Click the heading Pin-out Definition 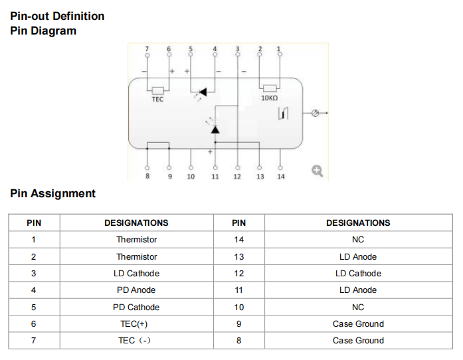pos(57,16)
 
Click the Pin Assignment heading pos(53,193)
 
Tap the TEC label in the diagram pos(157,99)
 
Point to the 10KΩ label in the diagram pos(269,98)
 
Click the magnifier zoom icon pos(317,171)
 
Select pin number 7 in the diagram pos(147,48)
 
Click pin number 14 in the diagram pos(280,177)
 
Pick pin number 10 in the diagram pos(191,177)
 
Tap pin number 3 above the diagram pos(237,48)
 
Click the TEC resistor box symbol pos(157,90)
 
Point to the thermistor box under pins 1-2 pos(269,88)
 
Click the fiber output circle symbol pos(316,114)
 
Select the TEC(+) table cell pos(136,323)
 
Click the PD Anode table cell pos(136,290)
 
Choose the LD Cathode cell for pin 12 pos(358,273)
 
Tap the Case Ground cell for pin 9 pos(358,323)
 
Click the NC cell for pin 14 pos(358,239)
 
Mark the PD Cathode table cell pos(136,307)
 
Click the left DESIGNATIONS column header pos(136,223)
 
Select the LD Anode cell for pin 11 pos(358,290)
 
